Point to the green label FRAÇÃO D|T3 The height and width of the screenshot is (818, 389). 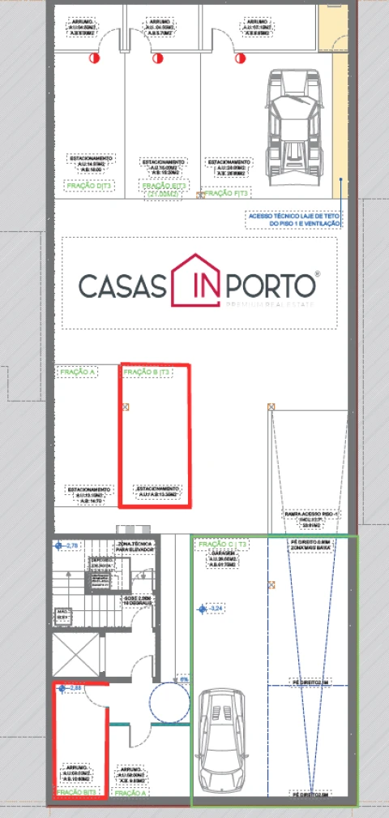(88, 186)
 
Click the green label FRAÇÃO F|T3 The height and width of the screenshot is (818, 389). (228, 193)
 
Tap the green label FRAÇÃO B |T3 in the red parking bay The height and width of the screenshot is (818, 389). (147, 372)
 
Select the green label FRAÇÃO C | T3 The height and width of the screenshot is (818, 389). (222, 544)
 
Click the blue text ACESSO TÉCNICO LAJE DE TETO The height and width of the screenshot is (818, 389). (294, 215)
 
